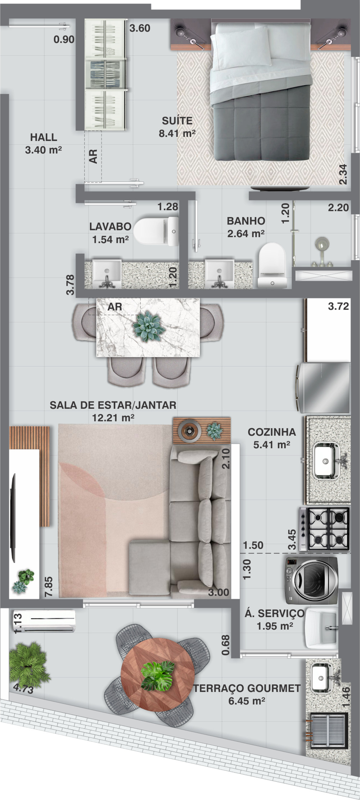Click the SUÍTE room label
177,121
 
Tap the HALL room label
44,137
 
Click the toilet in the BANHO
272,265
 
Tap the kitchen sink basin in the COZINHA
326,461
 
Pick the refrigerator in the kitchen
323,388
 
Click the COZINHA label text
272,432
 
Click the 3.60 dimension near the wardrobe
140,28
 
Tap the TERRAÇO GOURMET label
247,688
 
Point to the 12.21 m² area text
113,418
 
